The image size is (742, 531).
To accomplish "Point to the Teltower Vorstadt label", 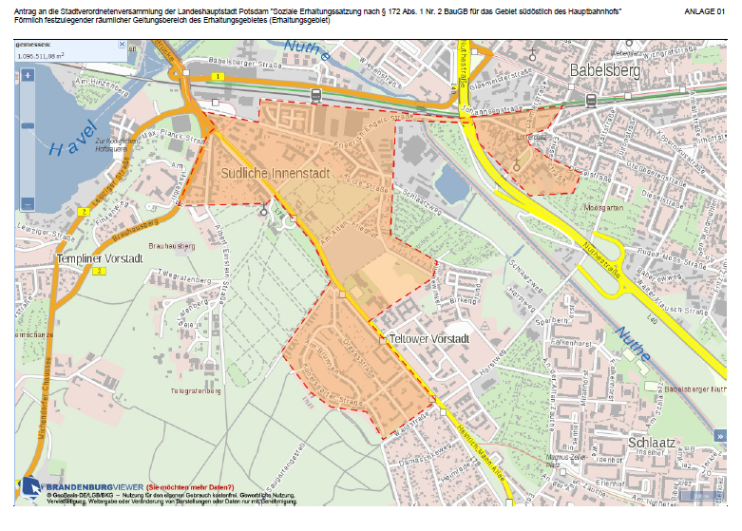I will (x=430, y=339).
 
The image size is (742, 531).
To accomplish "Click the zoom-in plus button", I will (x=28, y=75).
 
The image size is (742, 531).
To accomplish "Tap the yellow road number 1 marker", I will (x=218, y=76).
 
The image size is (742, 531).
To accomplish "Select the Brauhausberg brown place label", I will (x=172, y=246).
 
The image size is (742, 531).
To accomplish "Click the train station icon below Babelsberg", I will (x=591, y=97).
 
